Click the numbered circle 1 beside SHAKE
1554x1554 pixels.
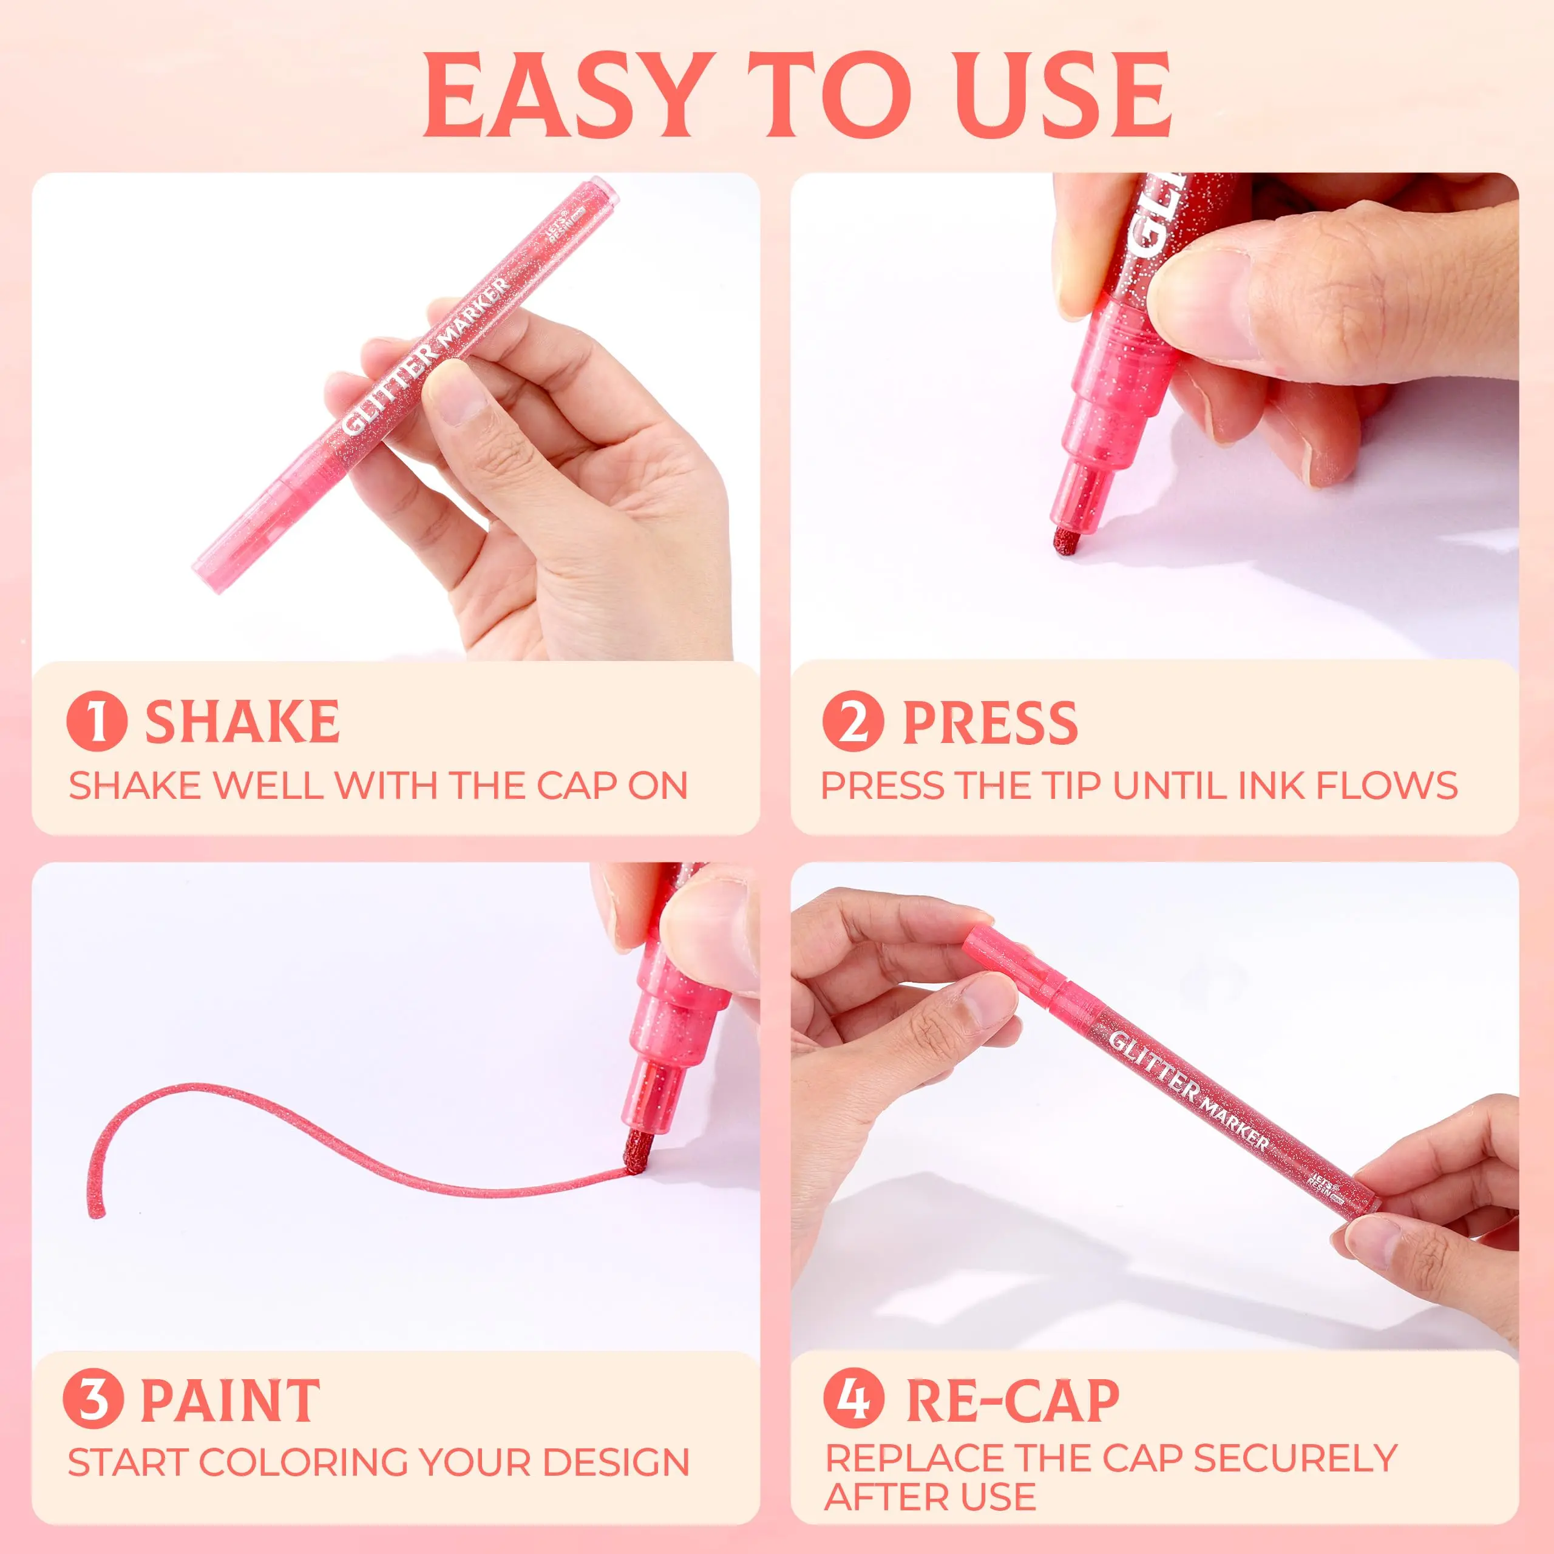coord(97,722)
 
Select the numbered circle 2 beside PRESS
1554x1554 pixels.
coord(853,722)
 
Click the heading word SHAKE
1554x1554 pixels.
coord(242,722)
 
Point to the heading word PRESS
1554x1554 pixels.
coord(990,722)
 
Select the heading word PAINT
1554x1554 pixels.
coord(230,1400)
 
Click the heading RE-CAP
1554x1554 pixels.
coord(1013,1400)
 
